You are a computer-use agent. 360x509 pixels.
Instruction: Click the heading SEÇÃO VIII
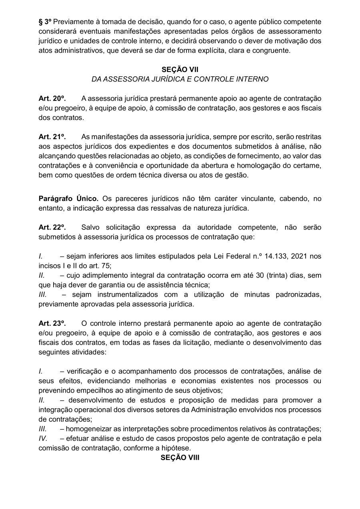180,457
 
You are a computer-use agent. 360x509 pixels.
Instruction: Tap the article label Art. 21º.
52,137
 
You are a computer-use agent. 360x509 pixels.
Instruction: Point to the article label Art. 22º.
52,228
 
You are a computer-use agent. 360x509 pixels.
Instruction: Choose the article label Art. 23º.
52,323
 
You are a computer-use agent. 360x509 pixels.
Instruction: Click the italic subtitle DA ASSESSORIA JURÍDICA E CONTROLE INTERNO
180,79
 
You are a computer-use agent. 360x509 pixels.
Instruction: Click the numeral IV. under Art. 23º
43,439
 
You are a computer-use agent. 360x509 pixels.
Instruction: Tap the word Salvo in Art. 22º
90,228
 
